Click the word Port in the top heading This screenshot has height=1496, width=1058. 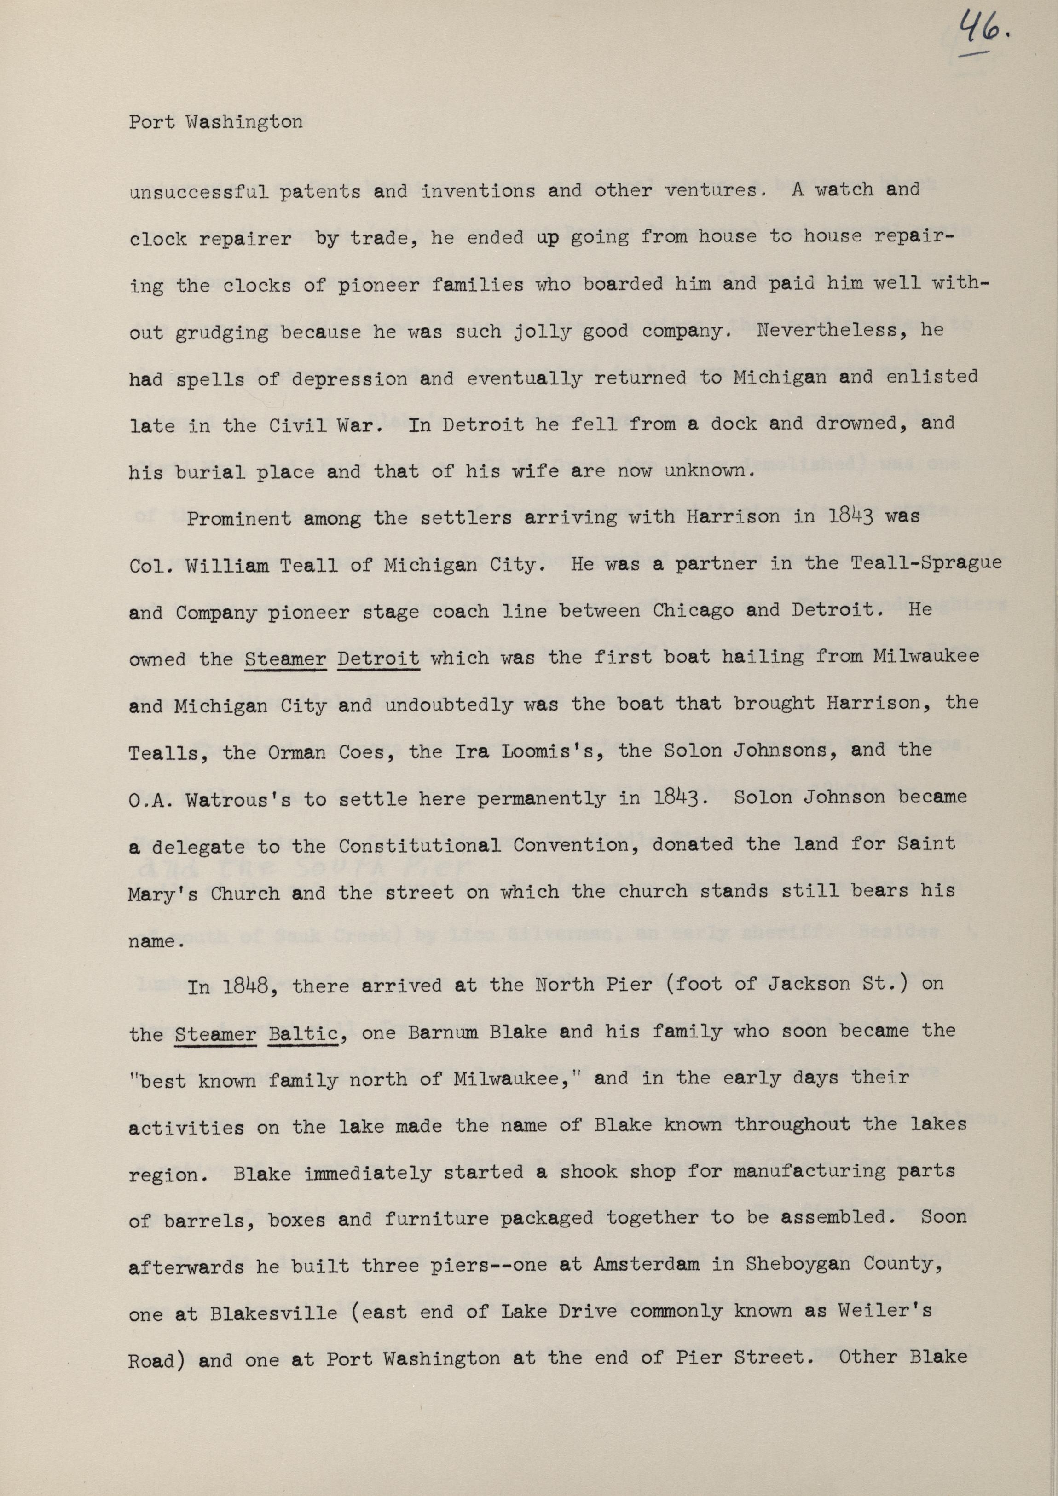tap(151, 122)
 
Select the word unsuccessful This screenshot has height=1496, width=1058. tap(198, 192)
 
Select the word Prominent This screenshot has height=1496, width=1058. tap(238, 519)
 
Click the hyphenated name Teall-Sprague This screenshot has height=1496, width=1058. tap(925, 564)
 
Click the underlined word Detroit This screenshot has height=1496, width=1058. tap(378, 658)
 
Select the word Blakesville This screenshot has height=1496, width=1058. tap(274, 1313)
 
